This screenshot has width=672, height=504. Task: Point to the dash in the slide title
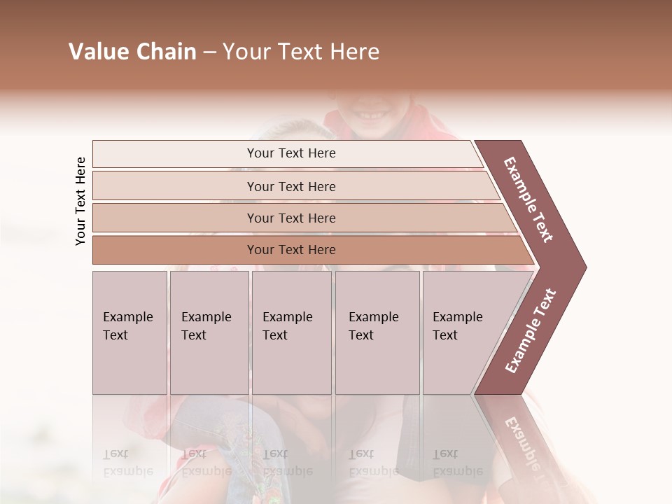tap(209, 52)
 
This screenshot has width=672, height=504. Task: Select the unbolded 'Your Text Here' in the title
tap(300, 52)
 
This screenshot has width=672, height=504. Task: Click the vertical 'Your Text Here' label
tap(80, 201)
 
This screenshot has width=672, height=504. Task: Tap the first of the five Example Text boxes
tap(129, 332)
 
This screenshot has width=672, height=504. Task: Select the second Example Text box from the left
tap(209, 332)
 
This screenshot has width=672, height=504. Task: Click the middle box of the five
tap(291, 332)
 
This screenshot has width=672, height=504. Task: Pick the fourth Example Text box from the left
tap(377, 332)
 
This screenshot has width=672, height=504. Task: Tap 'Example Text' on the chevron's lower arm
tap(530, 331)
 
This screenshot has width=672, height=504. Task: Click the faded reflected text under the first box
tap(127, 463)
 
